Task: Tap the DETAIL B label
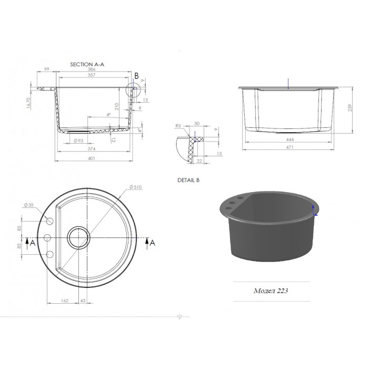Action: [x=188, y=180]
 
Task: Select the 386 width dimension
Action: [x=92, y=69]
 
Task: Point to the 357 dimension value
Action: [x=92, y=76]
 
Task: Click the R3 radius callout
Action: [x=178, y=126]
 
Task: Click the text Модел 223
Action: [x=269, y=290]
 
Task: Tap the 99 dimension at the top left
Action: [x=47, y=69]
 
